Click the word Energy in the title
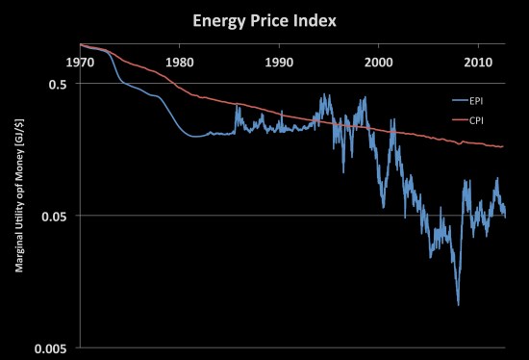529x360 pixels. point(221,20)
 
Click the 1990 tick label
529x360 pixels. point(279,63)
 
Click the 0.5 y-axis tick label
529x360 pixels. point(60,84)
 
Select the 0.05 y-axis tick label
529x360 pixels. point(57,216)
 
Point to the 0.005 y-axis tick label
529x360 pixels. point(54,347)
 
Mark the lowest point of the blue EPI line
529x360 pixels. point(458,304)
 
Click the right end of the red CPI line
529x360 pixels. point(504,146)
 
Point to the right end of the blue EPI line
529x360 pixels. point(505,216)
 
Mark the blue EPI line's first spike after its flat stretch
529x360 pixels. point(237,107)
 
